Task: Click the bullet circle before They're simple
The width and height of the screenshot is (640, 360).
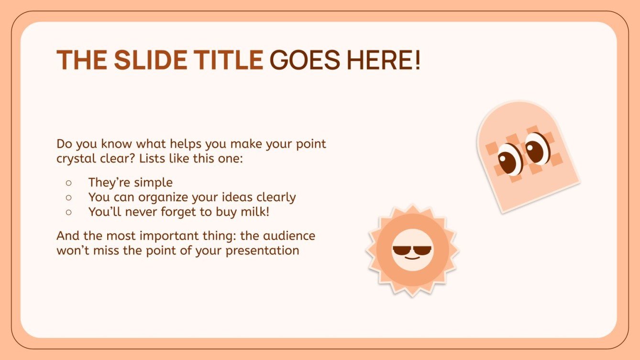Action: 68,183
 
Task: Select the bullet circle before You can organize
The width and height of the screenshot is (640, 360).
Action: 68,197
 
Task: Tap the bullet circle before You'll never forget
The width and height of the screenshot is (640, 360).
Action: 68,211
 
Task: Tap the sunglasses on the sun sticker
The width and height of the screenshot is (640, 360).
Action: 412,251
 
